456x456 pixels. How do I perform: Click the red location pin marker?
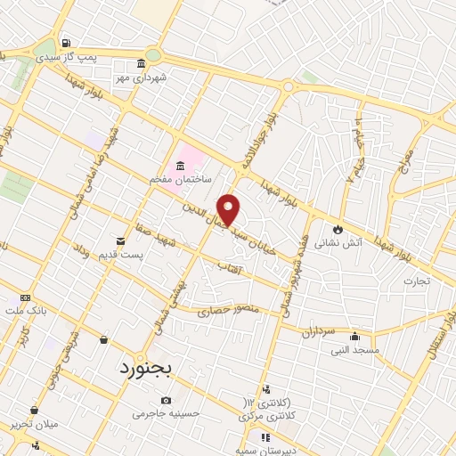click(x=229, y=208)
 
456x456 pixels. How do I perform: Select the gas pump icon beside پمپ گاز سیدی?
click(x=66, y=42)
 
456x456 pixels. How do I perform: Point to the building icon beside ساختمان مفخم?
click(x=182, y=166)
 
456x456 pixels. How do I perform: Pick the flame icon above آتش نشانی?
click(x=338, y=229)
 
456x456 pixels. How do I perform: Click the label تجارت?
click(x=415, y=281)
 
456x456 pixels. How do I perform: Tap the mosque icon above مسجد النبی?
click(x=355, y=337)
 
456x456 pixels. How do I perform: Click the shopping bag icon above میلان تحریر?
click(x=34, y=410)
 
